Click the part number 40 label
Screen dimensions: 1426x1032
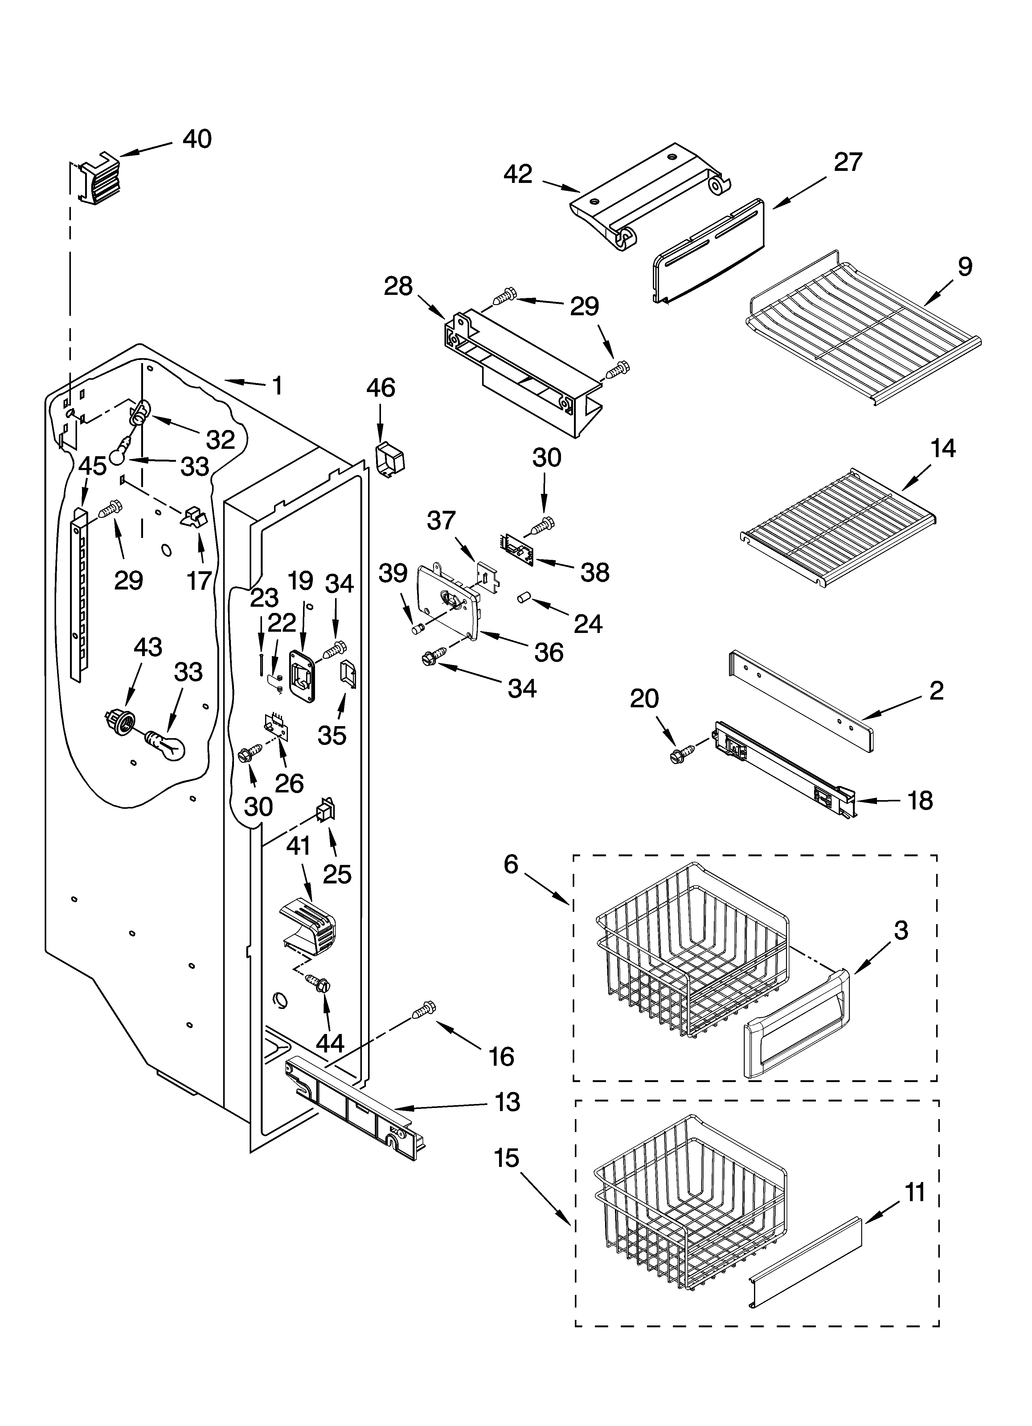tap(197, 139)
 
